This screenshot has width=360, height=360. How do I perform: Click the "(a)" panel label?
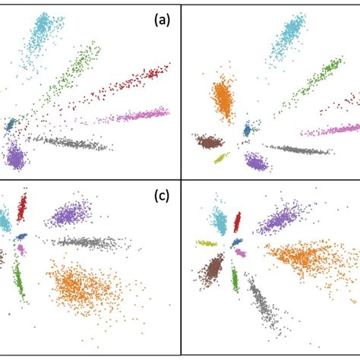(160, 21)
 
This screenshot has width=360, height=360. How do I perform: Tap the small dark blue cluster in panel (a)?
(11, 125)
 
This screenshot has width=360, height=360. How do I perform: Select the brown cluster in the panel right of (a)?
(209, 141)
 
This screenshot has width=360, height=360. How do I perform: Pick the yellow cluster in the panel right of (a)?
(221, 157)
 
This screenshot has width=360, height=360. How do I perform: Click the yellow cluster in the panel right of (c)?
(207, 244)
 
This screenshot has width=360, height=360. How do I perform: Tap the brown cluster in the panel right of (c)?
(214, 267)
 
